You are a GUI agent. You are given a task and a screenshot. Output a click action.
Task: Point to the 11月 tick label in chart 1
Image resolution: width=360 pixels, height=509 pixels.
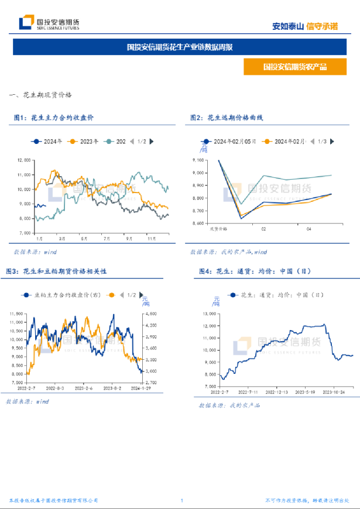152,239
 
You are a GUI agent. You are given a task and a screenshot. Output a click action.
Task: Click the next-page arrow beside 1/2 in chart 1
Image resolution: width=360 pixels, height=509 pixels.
152,141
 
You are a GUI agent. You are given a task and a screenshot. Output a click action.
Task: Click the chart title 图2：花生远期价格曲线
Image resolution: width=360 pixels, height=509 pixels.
227,118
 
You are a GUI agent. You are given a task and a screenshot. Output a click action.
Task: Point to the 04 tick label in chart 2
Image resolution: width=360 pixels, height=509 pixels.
309,229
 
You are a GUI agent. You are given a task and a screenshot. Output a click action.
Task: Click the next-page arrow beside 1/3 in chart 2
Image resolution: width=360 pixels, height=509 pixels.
332,142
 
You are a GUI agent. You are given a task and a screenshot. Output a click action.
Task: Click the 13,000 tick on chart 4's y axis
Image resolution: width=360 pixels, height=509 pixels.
209,313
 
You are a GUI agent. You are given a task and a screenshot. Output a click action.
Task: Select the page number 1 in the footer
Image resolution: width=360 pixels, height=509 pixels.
182,501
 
